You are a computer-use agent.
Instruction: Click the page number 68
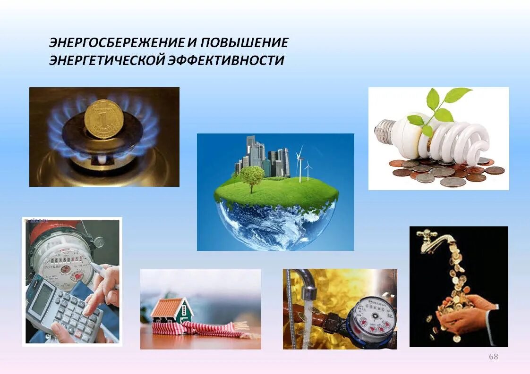pos(493,357)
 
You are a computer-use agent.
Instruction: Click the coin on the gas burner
pos(104,119)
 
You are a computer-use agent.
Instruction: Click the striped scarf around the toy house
pos(208,327)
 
